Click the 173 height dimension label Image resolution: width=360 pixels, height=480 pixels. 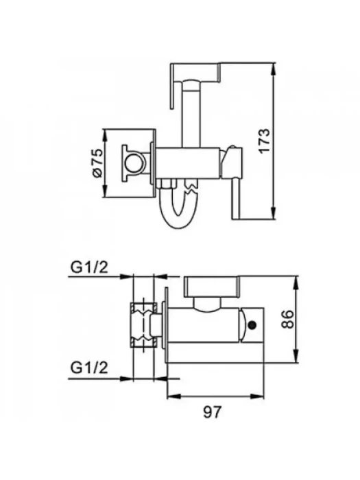tap(265, 141)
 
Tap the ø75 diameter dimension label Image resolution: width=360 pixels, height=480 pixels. tap(97, 163)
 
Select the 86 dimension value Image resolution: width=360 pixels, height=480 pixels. tap(287, 319)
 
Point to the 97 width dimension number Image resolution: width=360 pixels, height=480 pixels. tap(212, 412)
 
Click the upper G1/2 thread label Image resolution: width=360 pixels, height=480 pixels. tap(89, 267)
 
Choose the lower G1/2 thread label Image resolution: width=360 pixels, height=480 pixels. tap(89, 368)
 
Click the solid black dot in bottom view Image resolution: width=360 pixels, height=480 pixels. tap(252, 325)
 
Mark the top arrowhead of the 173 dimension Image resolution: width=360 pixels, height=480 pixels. tap(274, 70)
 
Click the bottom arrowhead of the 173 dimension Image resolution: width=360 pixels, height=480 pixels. tap(274, 213)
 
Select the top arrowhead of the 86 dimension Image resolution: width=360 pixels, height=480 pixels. tap(296, 283)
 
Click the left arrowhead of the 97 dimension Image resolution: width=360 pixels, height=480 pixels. tap(174, 396)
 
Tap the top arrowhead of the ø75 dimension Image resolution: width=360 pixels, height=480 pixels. tap(106, 136)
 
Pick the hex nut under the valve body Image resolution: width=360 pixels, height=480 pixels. tap(167, 184)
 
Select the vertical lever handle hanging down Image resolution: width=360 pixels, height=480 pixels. tap(236, 199)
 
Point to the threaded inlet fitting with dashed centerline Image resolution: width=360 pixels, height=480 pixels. tap(143, 325)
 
